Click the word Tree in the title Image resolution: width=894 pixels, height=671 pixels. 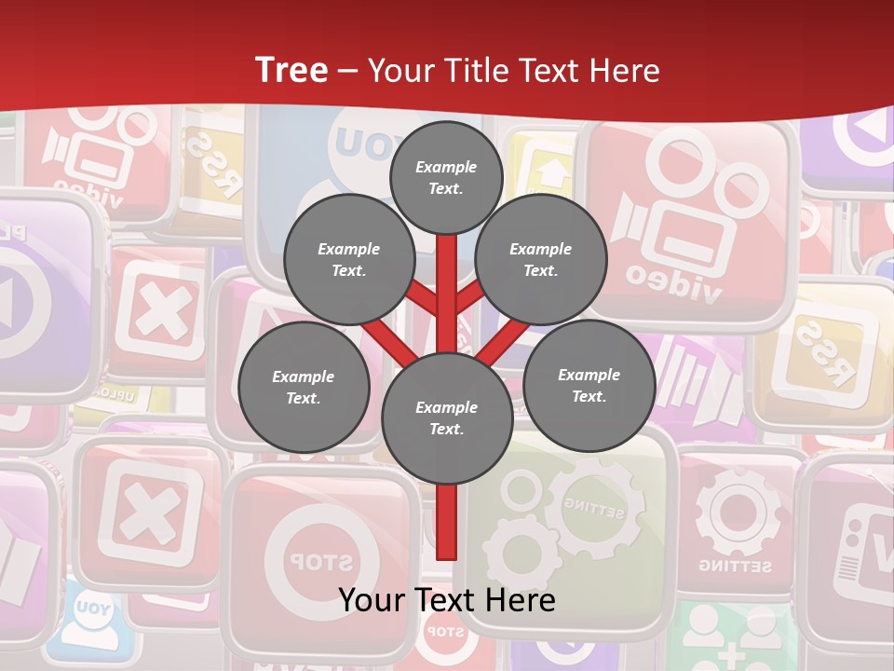291,71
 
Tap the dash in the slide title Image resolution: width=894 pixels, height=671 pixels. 347,72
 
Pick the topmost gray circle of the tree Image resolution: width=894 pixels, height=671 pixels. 446,177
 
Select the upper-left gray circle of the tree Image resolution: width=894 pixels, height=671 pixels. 348,260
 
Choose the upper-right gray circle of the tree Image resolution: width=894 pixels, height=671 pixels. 540,260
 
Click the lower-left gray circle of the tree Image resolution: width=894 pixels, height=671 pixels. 304,388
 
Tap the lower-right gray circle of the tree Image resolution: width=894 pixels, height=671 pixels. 589,386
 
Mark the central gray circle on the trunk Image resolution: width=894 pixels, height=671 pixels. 447,418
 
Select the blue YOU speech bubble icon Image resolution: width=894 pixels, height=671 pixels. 93,616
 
